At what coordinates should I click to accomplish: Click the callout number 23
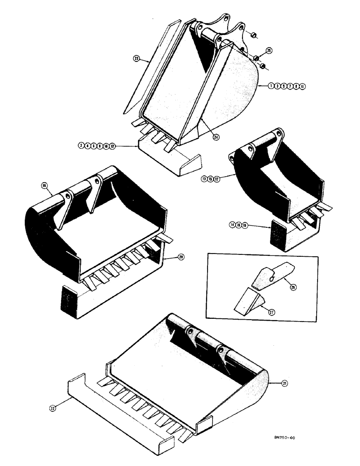pyautogui.click(x=136, y=59)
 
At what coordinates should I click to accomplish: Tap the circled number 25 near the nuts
pyautogui.click(x=269, y=50)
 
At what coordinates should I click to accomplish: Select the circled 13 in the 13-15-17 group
pyautogui.click(x=204, y=178)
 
